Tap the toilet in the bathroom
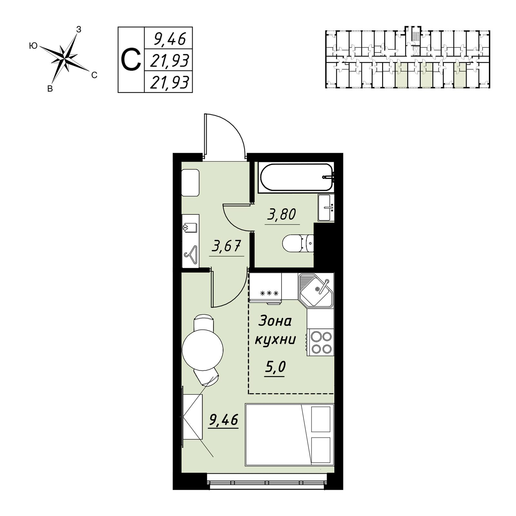coord(298,243)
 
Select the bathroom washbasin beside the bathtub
coord(326,207)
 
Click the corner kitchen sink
coord(316,289)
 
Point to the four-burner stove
coord(320,342)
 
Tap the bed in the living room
coord(289,434)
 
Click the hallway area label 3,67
coord(226,246)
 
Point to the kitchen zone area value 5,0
coord(275,367)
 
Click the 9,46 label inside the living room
coord(223,420)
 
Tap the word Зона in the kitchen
coord(275,321)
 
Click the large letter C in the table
coord(131,60)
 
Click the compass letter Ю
coord(33,46)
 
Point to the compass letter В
coord(50,89)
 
